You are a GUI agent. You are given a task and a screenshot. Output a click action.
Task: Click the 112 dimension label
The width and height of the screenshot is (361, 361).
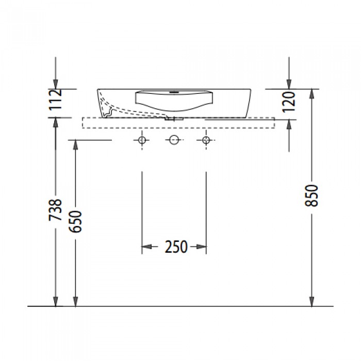56,99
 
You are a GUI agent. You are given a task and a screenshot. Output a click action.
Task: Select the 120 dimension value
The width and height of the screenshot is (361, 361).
289,102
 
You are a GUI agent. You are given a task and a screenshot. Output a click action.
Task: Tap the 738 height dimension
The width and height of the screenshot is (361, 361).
55,210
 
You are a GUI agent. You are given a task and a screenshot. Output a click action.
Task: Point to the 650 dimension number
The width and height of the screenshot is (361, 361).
75,221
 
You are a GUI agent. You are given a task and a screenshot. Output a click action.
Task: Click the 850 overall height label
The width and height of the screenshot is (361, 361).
311,195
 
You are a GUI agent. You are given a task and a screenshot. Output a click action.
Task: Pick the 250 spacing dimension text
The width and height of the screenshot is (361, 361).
176,247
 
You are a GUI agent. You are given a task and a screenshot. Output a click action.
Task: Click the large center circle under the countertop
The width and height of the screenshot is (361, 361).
174,140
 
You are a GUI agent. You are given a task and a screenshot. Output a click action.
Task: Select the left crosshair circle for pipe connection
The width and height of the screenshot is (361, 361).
142,140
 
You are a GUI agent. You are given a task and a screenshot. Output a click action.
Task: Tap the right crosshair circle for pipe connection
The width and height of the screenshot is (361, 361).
206,140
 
